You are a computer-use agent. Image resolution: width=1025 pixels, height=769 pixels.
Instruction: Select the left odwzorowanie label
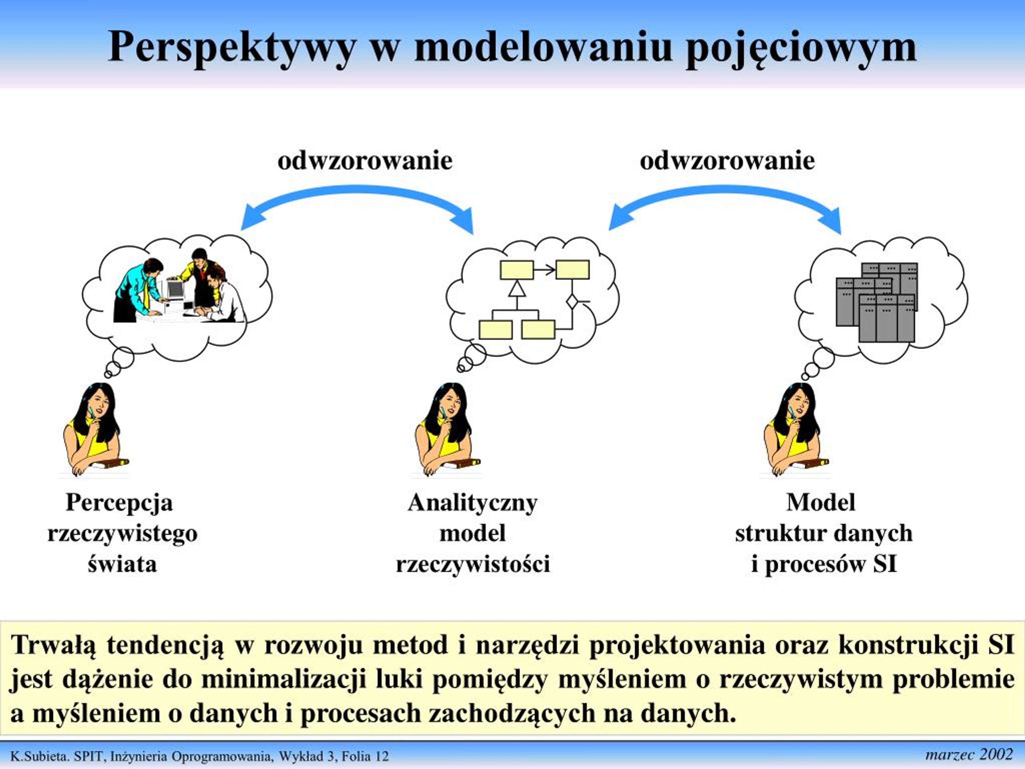point(365,161)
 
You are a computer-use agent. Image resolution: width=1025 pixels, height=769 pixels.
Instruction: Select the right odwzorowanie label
point(727,161)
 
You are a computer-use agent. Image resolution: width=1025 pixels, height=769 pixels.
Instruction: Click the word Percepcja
point(120,503)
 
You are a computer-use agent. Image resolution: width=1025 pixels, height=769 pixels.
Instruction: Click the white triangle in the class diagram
point(517,288)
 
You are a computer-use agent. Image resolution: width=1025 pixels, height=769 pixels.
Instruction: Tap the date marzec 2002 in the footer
point(969,755)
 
